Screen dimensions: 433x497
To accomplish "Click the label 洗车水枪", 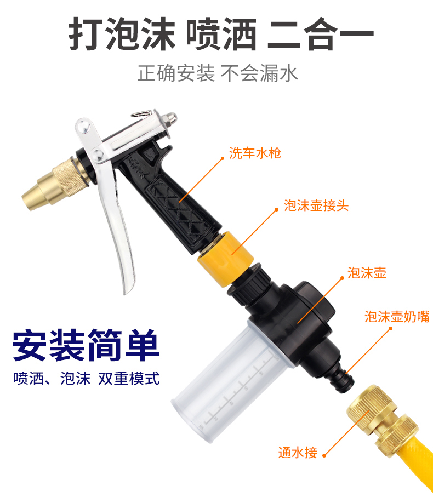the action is [x=255, y=153].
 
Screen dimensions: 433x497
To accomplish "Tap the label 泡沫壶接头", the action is [x=316, y=205].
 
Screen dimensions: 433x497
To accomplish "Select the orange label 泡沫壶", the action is [x=367, y=272].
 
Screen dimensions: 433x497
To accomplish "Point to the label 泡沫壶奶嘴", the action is [x=397, y=316].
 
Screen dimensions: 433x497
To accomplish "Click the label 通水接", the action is [x=298, y=452].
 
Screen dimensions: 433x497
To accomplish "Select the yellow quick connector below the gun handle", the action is [x=226, y=258].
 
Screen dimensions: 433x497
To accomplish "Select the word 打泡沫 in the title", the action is [x=122, y=34].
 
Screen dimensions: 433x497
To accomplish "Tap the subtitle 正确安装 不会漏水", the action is [x=218, y=73].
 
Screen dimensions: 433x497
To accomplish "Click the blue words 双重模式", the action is [x=129, y=379].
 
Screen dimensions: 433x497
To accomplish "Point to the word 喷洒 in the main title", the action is [x=221, y=34].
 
